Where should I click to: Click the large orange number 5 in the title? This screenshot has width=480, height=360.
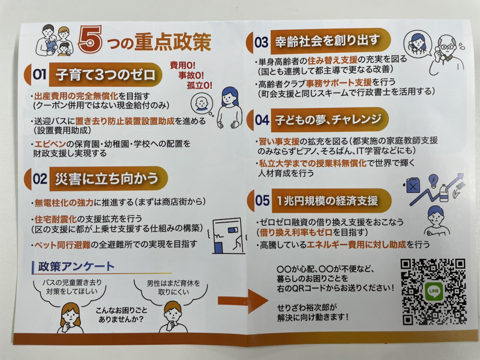[x=90, y=39]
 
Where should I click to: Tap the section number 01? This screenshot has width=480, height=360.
[x=39, y=75]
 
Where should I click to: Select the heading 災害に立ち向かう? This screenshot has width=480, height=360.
[x=106, y=179]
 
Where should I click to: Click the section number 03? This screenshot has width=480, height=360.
[x=261, y=42]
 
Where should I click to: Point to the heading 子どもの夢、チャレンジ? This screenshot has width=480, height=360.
[x=328, y=120]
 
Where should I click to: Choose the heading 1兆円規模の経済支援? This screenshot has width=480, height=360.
[x=327, y=201]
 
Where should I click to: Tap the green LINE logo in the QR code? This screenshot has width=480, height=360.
[x=434, y=291]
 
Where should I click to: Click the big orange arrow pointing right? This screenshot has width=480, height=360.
[x=243, y=301]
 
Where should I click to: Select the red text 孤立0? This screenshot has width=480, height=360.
[x=199, y=85]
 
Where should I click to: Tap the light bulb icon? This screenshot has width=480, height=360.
[x=434, y=180]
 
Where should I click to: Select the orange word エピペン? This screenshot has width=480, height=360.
[x=50, y=144]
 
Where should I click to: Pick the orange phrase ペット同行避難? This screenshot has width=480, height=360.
[x=62, y=245]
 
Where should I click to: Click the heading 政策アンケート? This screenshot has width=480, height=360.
[x=76, y=266]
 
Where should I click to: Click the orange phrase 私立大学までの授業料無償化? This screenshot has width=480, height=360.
[x=312, y=163]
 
